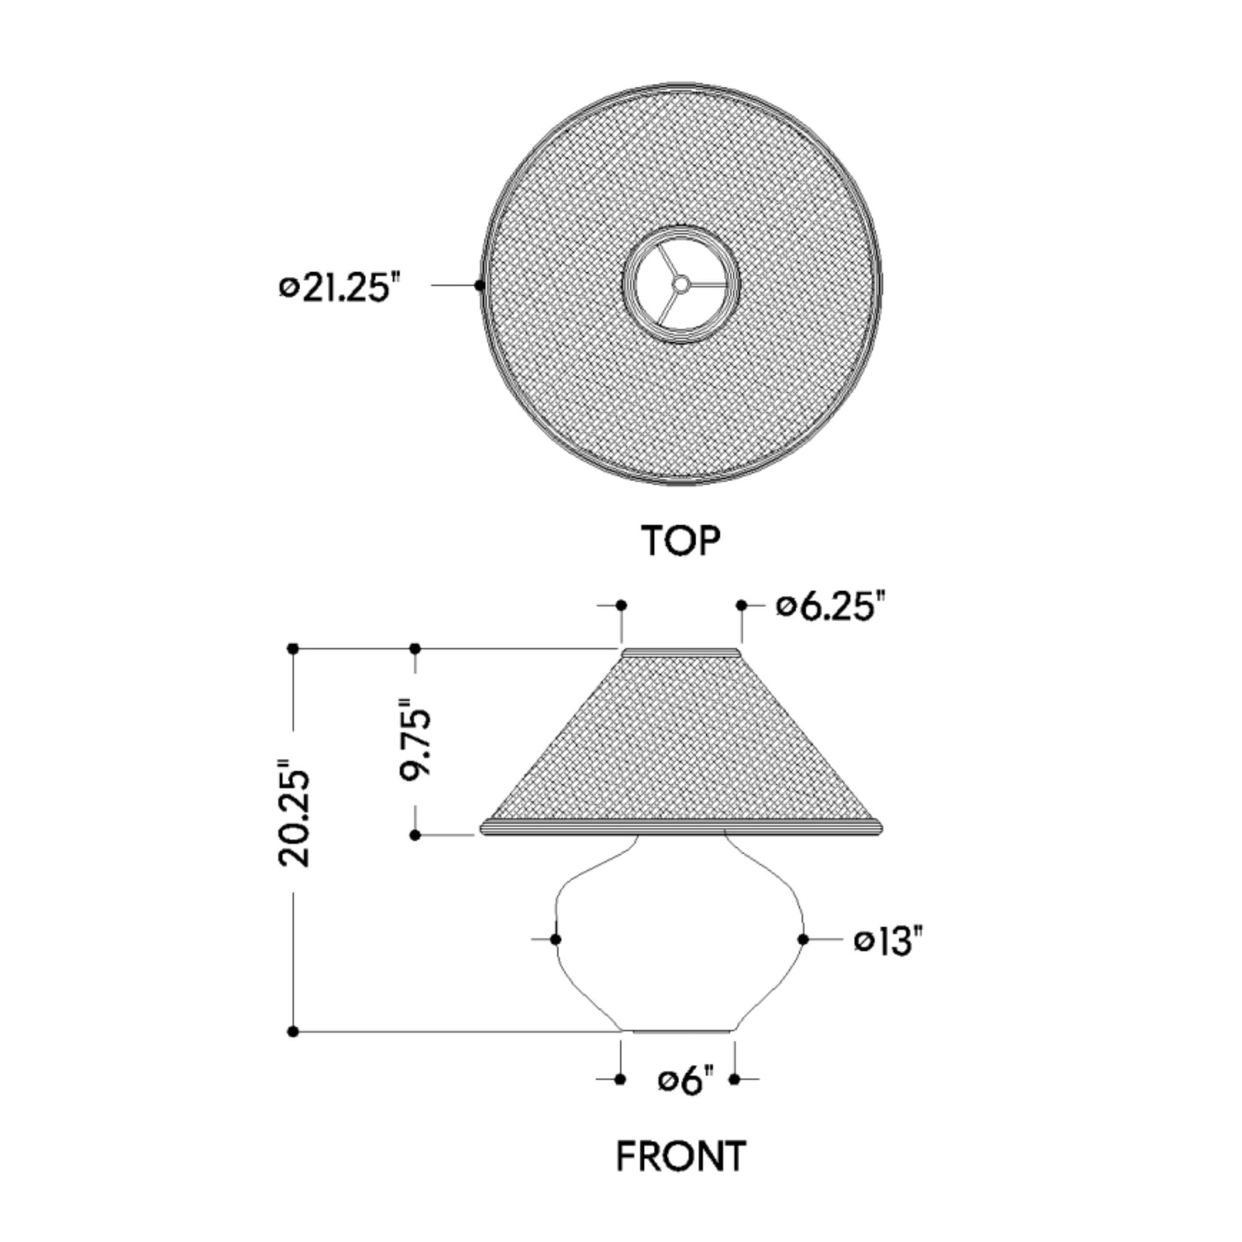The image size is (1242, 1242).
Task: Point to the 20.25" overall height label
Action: (294, 812)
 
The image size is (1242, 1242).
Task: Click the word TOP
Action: (681, 541)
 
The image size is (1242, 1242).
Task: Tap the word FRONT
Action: (682, 1156)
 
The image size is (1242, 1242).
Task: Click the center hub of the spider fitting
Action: (681, 281)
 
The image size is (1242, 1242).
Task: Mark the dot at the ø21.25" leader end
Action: (479, 285)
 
